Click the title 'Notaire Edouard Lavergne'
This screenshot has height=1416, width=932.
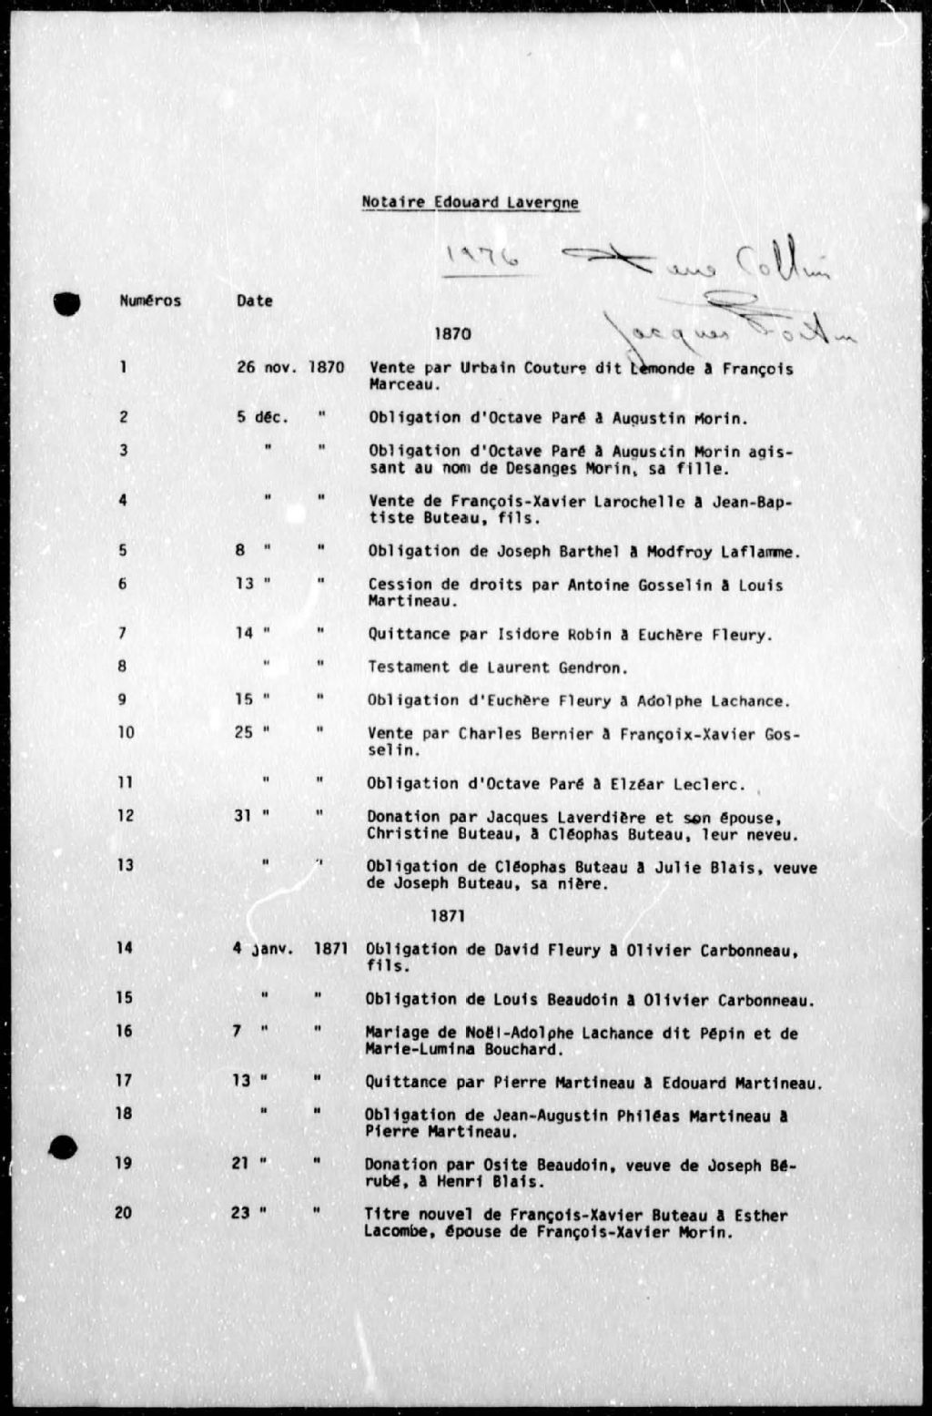pos(470,202)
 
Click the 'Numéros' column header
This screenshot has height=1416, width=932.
pos(150,301)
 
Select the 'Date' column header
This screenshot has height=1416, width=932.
pos(254,301)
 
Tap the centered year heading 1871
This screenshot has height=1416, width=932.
pos(448,916)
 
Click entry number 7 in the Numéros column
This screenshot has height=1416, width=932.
pos(123,633)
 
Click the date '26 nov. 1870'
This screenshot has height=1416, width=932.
pos(290,368)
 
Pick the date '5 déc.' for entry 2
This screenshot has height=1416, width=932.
pos(262,417)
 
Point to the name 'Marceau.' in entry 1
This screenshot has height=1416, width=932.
pos(405,384)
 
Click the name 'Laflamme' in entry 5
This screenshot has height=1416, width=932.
pos(764,551)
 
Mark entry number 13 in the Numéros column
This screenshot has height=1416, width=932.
pos(125,864)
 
